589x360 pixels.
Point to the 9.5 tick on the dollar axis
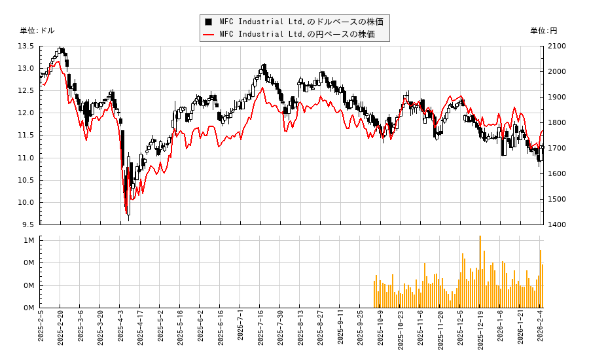(28, 225)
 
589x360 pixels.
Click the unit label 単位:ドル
(37, 31)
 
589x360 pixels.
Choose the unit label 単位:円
(543, 31)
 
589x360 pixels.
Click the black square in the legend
(209, 22)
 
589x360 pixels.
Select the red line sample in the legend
(209, 34)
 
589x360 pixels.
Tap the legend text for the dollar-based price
(301, 22)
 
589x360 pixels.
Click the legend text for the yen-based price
(297, 34)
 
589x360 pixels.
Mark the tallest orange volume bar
(480, 272)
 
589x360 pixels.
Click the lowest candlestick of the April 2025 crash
(128, 206)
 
